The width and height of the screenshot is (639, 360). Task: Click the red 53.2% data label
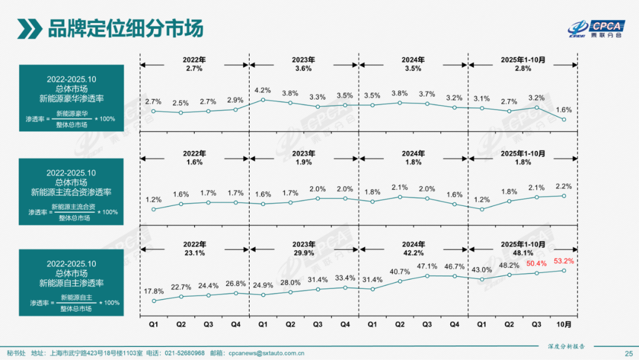[x=563, y=261]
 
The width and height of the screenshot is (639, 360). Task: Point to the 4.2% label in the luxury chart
[x=262, y=90]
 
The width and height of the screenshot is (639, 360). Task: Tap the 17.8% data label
[x=153, y=291]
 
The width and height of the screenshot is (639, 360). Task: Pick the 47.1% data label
[x=427, y=266]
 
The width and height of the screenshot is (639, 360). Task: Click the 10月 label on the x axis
[x=563, y=324]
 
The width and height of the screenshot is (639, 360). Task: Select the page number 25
[x=628, y=353]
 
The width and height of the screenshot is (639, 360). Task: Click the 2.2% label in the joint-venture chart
[x=563, y=186]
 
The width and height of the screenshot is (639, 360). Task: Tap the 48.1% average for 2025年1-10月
[x=522, y=252]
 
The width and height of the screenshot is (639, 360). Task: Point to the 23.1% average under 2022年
[x=194, y=252]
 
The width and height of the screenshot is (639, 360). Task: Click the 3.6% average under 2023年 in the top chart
[x=304, y=69]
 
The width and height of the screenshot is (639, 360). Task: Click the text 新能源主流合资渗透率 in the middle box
[x=71, y=192]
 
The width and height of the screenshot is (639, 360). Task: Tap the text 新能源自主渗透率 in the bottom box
[x=71, y=283]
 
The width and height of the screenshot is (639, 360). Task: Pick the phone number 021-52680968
[x=184, y=353]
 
